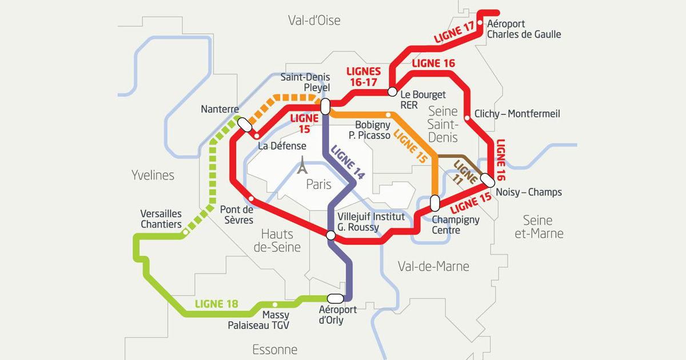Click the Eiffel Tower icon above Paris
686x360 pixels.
[x=302, y=166]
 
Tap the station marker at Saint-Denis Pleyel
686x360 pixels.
[x=325, y=106]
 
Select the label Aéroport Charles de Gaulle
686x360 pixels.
[x=524, y=29]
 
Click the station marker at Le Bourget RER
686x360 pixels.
[x=393, y=91]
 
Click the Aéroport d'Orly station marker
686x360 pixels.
[x=335, y=298]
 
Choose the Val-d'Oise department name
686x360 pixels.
[x=314, y=21]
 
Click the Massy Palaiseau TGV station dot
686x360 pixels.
[x=275, y=305]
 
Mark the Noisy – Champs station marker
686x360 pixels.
[x=488, y=179]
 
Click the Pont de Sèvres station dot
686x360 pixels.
[x=251, y=198]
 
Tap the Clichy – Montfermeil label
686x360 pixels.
[x=517, y=114]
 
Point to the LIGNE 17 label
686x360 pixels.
[x=454, y=34]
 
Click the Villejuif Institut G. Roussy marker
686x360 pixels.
[x=330, y=235]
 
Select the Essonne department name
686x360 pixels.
[x=275, y=349]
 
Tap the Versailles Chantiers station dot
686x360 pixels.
[x=185, y=232]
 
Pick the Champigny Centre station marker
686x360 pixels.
[x=434, y=203]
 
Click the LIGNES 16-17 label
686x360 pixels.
[x=364, y=77]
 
